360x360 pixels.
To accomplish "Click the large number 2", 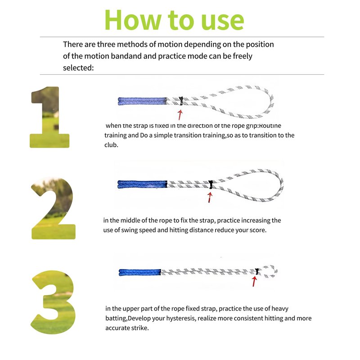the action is [53, 208].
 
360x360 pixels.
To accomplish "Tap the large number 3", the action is [53, 302].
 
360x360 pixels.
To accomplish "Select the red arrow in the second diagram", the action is [210, 198].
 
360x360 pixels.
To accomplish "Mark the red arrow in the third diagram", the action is [254, 281].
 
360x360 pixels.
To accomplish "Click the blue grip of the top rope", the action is [142, 101].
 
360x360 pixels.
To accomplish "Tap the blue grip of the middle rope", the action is [142, 184].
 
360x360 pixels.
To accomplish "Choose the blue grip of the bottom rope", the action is [140, 272].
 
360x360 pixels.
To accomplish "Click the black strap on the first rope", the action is [181, 101].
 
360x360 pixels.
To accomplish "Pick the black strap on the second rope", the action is [211, 184].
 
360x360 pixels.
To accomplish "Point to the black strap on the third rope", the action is [257, 271].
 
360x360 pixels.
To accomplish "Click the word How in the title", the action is [132, 20].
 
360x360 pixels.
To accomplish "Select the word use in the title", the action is [222, 22].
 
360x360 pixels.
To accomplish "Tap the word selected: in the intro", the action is [78, 68].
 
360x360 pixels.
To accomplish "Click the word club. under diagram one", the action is [111, 145].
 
